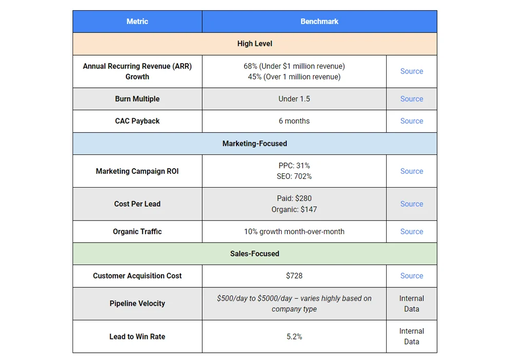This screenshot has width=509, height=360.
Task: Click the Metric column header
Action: (x=137, y=22)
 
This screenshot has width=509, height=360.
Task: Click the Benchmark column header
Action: (x=319, y=22)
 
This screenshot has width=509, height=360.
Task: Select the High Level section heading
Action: (x=254, y=44)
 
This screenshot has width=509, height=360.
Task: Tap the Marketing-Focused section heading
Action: (x=254, y=143)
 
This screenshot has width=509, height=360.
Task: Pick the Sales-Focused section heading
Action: (x=254, y=254)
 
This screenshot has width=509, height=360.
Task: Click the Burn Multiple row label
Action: (x=137, y=99)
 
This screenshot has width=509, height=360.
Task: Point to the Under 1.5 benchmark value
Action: (x=294, y=99)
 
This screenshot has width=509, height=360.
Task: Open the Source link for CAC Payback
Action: (x=411, y=121)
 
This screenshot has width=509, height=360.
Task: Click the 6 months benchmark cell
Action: (x=294, y=121)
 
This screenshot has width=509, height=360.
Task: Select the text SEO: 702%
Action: (x=294, y=176)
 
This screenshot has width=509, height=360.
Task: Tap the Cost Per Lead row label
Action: (x=137, y=204)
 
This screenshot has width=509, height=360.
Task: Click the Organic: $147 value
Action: (x=294, y=209)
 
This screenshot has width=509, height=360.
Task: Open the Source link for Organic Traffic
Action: (x=411, y=231)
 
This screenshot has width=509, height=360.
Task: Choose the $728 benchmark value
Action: (x=294, y=276)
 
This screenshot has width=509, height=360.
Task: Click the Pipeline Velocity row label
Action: (x=137, y=303)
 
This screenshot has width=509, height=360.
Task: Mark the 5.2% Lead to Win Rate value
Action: (x=294, y=336)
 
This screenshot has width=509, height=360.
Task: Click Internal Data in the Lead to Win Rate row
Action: (x=411, y=336)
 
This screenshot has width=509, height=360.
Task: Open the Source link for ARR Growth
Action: (x=411, y=71)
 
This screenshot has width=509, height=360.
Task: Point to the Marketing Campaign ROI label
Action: (x=137, y=171)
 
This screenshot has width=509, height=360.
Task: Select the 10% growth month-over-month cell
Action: (x=294, y=231)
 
